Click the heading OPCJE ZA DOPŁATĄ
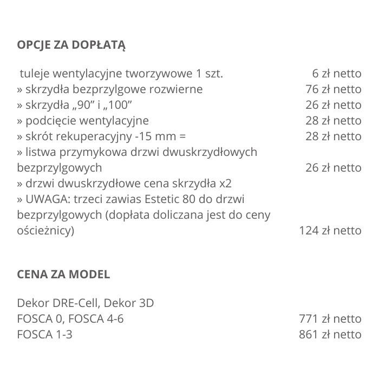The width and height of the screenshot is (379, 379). point(71,44)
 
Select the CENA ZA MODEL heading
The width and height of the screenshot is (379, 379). point(63,274)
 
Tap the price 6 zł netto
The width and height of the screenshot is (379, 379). point(336,73)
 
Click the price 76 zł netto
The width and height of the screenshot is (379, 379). point(333,89)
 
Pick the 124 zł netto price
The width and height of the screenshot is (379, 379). point(330,231)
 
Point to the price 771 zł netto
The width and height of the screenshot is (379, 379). point(330,319)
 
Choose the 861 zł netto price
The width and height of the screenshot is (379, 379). point(330,335)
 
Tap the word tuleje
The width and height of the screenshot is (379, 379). point(34,73)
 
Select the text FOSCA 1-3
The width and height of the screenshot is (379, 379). point(44,335)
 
